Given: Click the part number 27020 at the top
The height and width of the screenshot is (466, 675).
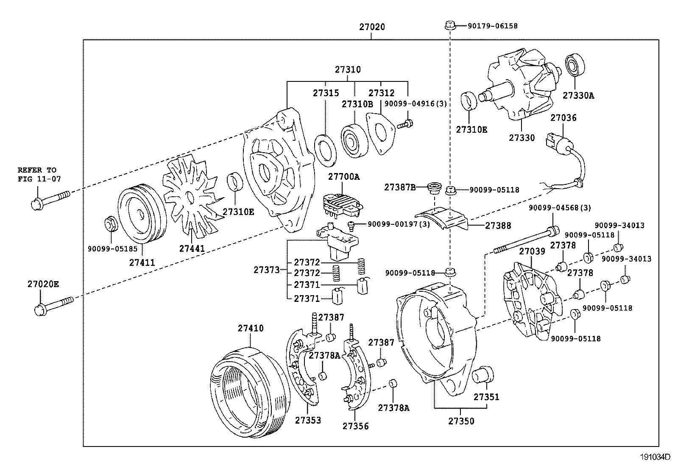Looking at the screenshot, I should coord(372,27).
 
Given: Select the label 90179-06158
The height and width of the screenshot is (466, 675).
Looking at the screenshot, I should coord(492,26).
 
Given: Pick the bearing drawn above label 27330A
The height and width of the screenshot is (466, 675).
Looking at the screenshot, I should coord(575,66).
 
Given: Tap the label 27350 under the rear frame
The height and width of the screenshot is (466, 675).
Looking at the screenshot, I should coord(461,421).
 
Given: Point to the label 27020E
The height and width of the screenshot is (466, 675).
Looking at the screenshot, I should coord(45,284).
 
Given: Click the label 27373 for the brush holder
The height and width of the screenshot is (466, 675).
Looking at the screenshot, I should coord(266,270).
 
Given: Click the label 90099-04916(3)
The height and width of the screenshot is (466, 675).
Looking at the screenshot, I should coord(416,103).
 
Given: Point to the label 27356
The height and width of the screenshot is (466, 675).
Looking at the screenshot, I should coord(355,426).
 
